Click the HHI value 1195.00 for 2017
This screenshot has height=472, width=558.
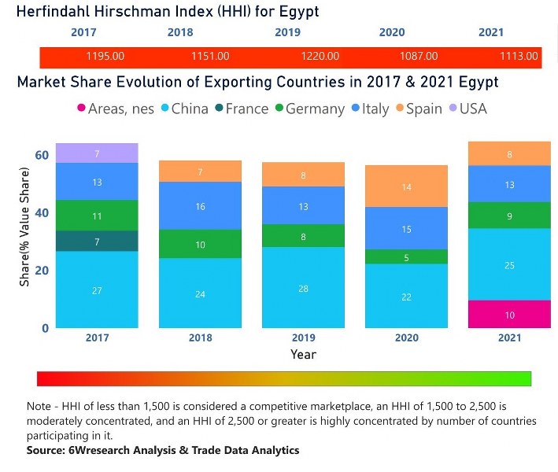[x=105, y=57]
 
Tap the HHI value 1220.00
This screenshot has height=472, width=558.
[x=320, y=57]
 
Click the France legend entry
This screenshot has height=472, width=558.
[x=239, y=109]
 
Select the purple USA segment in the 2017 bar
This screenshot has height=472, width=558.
[x=97, y=153]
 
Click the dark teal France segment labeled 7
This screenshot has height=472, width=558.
[x=97, y=242]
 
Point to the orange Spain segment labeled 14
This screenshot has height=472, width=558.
[x=407, y=186]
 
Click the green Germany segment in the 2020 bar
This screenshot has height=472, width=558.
[x=407, y=256]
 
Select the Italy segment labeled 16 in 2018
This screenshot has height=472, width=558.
[x=200, y=205]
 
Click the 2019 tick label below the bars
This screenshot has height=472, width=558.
[x=303, y=338]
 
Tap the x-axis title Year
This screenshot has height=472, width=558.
[x=303, y=355]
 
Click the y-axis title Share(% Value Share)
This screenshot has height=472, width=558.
[x=24, y=233]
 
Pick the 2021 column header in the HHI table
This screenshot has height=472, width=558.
[x=491, y=32]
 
